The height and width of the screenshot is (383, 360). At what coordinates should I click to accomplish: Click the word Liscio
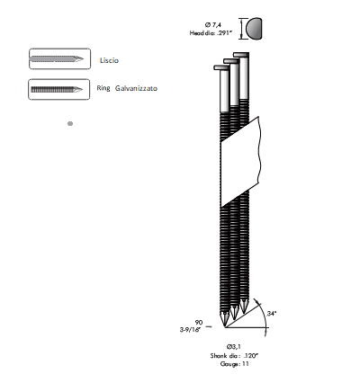[x=109, y=60]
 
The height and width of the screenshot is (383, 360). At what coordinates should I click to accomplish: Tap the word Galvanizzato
[x=136, y=88]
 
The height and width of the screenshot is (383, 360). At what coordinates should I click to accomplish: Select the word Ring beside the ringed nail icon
[x=103, y=88]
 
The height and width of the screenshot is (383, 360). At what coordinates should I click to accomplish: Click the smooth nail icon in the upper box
[x=57, y=58]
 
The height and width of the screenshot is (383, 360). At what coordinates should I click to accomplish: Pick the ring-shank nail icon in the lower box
[x=57, y=89]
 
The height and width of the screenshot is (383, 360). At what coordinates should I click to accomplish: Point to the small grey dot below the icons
[x=70, y=123]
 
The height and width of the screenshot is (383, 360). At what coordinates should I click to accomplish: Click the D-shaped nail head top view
[x=254, y=29]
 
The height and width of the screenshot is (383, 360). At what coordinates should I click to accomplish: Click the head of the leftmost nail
[x=221, y=67]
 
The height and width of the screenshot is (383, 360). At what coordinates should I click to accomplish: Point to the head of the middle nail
[x=231, y=61]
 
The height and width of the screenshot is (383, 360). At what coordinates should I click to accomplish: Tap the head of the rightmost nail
[x=241, y=55]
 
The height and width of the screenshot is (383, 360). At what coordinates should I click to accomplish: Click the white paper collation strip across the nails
[x=240, y=162]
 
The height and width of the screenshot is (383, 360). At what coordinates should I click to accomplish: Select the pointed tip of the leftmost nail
[x=225, y=327]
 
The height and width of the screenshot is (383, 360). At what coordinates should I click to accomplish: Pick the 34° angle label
[x=272, y=314]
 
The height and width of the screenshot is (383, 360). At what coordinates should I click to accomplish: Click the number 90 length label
[x=199, y=323]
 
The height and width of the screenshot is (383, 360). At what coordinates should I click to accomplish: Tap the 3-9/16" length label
[x=190, y=330]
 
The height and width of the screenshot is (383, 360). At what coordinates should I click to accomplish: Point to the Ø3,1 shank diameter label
[x=234, y=347]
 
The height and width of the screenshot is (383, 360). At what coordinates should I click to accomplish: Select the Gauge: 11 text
[x=234, y=364]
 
